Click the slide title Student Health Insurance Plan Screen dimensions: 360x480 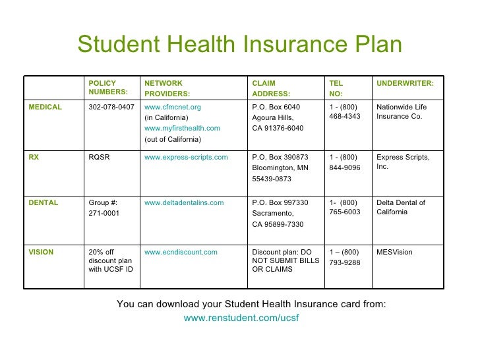coord(239,45)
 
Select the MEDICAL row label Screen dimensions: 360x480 coord(45,107)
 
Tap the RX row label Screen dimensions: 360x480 coord(34,157)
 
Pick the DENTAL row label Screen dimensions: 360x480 coord(43,202)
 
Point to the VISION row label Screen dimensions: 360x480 coord(41,252)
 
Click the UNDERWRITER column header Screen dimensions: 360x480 coord(405,84)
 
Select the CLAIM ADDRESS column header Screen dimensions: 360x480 coord(271,88)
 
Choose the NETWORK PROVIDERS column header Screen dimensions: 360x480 coord(167,88)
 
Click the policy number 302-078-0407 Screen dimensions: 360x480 coord(111,107)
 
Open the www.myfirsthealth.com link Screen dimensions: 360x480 coord(182,128)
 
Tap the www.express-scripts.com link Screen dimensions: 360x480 coord(186,157)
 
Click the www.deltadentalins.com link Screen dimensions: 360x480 coord(184,202)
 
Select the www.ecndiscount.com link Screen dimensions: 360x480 coord(181,252)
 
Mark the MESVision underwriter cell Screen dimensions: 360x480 coord(396,252)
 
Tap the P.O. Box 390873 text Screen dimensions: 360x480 coord(280,157)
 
